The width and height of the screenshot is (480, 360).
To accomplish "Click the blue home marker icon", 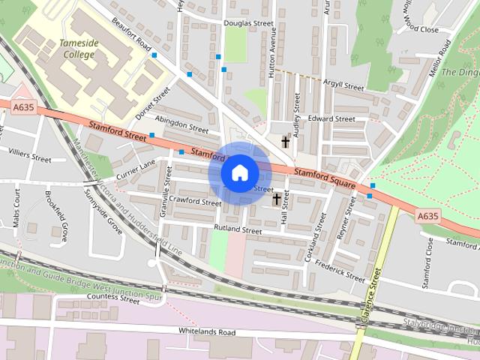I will click(239, 172).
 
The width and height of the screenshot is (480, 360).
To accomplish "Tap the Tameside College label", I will click(79, 49).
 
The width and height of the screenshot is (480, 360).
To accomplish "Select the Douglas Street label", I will click(248, 23).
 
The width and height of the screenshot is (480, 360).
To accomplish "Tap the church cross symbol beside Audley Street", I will click(285, 140).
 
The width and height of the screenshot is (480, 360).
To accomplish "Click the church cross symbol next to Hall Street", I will click(277, 199).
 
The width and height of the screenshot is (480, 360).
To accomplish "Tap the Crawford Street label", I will click(194, 201).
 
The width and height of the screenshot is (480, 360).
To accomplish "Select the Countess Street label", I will click(112, 298).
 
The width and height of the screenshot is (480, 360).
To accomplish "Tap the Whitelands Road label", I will click(207, 331).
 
